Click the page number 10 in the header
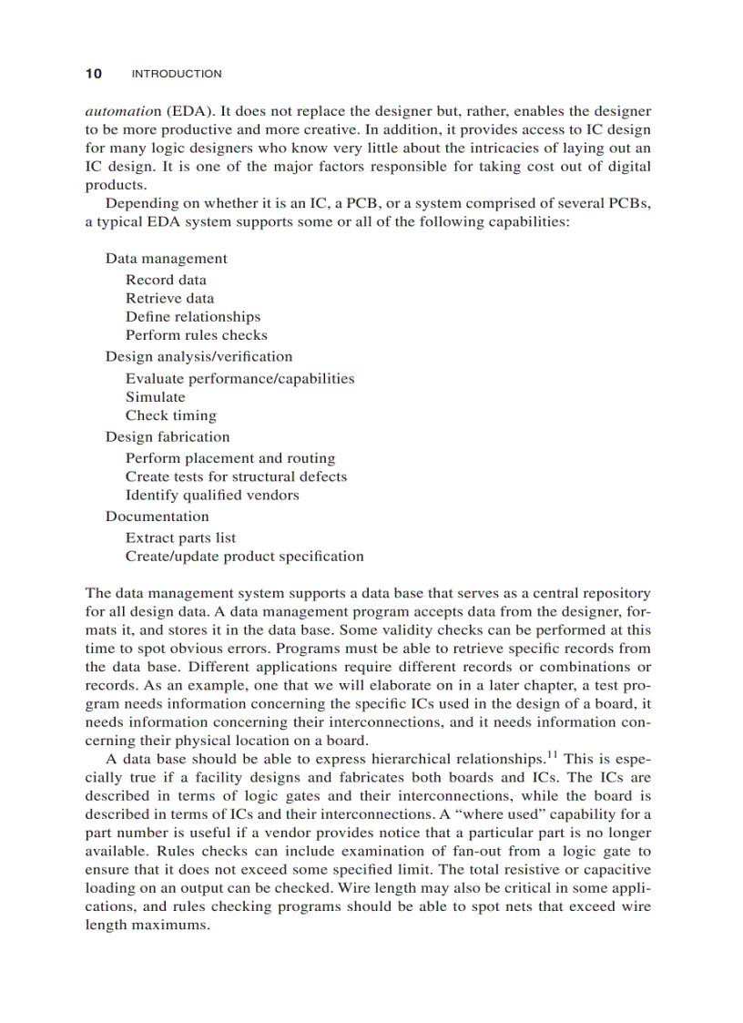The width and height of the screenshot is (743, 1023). tap(93, 73)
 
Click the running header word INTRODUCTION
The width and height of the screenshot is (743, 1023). tap(177, 74)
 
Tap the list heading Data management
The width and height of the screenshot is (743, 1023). tap(167, 259)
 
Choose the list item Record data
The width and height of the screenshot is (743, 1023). tap(166, 280)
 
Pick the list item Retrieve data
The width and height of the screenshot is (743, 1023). tap(170, 298)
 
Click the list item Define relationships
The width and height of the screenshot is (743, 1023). tap(193, 317)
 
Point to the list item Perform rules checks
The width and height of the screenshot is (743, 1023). tap(197, 335)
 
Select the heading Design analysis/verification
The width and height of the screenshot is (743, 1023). tap(199, 356)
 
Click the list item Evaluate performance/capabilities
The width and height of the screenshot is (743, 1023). tap(240, 378)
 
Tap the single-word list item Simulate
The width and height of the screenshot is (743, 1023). tap(156, 397)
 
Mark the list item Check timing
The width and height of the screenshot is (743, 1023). tap(171, 415)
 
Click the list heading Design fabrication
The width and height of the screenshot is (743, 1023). tap(168, 436)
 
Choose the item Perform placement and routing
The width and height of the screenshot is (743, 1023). tap(230, 458)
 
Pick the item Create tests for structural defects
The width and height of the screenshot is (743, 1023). tap(236, 476)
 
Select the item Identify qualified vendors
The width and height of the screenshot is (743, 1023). tap(212, 496)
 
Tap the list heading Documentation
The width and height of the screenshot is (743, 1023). tap(158, 517)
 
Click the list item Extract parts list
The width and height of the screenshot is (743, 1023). tap(180, 537)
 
